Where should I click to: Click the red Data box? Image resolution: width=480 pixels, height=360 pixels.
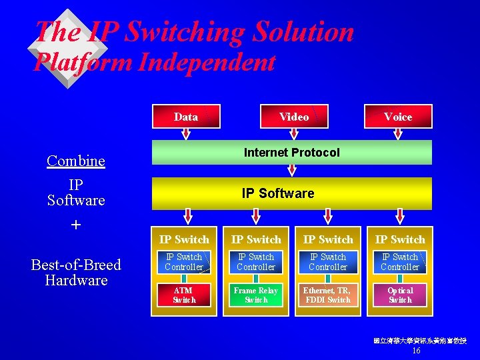(186, 117)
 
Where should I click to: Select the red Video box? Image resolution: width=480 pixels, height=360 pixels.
(293, 117)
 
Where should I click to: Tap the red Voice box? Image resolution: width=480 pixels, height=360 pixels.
(398, 117)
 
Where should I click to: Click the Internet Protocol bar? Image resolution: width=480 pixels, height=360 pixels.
(292, 153)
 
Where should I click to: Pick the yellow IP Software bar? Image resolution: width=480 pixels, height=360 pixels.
(292, 193)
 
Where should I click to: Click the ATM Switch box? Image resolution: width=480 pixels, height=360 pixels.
(184, 295)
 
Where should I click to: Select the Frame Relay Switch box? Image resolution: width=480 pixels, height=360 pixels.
(256, 295)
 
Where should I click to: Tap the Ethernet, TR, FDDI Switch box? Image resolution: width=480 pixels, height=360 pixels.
(327, 295)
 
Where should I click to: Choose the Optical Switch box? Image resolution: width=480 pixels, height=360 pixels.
(400, 295)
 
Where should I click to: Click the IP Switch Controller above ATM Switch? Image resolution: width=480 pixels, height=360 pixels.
(184, 262)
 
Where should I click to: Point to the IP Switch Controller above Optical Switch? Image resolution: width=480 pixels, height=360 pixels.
(400, 262)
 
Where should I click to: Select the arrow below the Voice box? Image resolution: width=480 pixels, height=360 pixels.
(399, 134)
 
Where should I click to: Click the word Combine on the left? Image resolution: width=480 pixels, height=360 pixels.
(76, 161)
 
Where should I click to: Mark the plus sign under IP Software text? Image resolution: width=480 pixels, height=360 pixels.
(76, 225)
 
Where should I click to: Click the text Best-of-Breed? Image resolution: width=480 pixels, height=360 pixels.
(76, 265)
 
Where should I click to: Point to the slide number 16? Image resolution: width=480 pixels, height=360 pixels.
(416, 351)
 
